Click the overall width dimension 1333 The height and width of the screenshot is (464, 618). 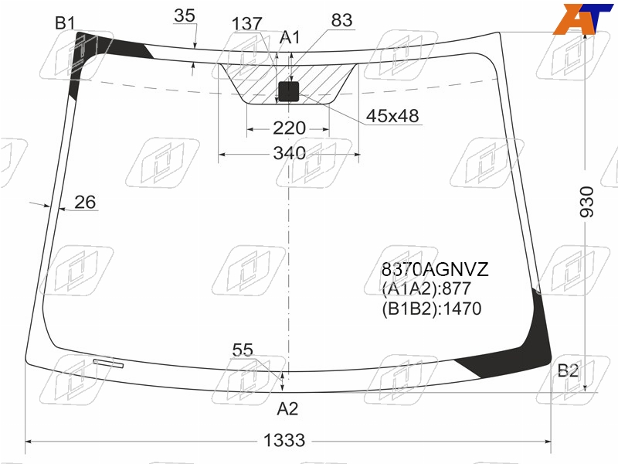(284, 440)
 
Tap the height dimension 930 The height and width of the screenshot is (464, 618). (586, 202)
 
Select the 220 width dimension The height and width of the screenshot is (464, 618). (289, 128)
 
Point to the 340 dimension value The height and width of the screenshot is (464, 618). (289, 153)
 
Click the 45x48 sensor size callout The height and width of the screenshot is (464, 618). (392, 116)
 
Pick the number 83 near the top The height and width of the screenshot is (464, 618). (341, 20)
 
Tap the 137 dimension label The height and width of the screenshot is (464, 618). (246, 24)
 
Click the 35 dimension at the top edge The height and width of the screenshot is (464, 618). (185, 15)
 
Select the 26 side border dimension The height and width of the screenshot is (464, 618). (85, 202)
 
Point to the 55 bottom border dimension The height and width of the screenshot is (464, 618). (243, 350)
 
